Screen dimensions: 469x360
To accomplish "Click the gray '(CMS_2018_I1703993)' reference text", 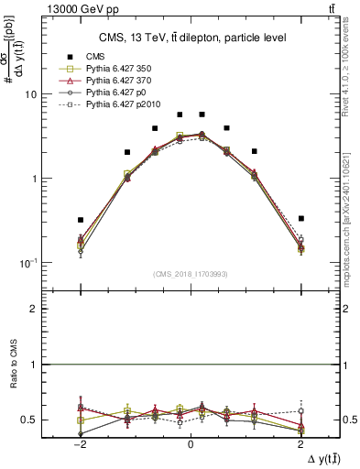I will (190, 274).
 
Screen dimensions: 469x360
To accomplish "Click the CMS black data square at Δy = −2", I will (81, 220).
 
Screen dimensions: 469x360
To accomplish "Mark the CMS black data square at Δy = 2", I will (300, 218).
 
